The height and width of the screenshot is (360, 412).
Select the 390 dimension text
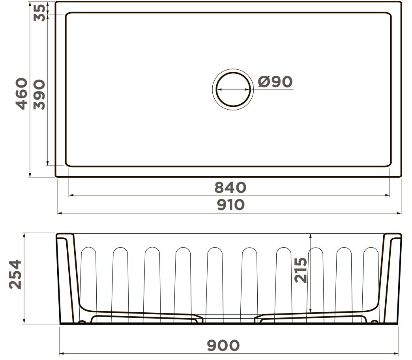click(39, 95)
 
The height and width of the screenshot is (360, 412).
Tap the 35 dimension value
click(39, 13)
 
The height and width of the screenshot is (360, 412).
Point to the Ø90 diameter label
click(275, 82)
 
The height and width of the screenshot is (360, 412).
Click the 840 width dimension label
click(230, 187)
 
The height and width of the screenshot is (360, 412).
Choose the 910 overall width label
click(231, 205)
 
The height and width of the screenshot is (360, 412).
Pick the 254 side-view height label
click(15, 274)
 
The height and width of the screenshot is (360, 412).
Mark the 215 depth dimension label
click(301, 270)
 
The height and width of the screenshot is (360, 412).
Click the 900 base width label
click(223, 345)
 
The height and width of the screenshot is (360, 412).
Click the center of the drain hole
click(233, 89)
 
